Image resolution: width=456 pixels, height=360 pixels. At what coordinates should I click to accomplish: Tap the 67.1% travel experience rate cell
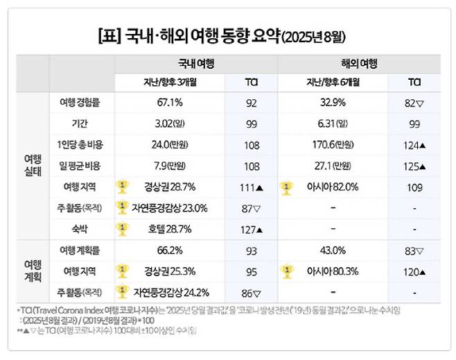[170, 103]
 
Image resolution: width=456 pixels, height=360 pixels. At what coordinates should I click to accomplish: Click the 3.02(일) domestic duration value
[170, 124]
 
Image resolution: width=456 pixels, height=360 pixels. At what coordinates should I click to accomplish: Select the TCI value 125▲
[416, 166]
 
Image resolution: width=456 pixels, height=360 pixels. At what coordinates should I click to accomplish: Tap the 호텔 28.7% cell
[170, 228]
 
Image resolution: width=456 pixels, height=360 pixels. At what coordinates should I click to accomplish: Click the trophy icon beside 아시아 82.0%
[286, 187]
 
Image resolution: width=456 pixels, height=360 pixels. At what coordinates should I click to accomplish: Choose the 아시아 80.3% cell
[338, 271]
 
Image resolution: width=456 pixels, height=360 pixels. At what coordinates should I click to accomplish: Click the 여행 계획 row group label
[32, 270]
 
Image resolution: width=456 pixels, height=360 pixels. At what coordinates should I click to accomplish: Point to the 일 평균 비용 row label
[82, 166]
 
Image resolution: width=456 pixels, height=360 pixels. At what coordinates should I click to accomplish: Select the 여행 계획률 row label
[82, 250]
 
